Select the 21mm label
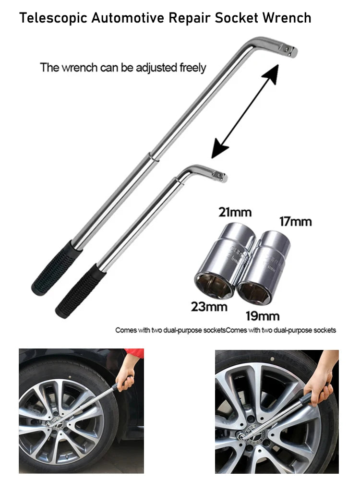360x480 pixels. point(235,212)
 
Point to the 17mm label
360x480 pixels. point(295,222)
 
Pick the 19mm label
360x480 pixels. point(262,316)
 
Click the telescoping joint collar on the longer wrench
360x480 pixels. point(151,156)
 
